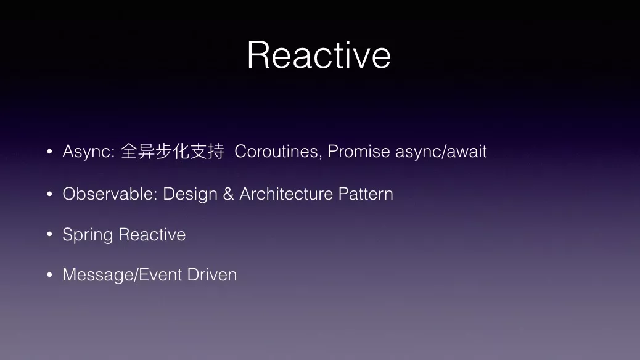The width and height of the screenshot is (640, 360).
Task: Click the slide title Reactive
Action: [x=319, y=55]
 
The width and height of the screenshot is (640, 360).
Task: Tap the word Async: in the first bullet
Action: [x=89, y=152]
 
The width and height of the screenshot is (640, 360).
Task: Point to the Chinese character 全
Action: [x=129, y=152]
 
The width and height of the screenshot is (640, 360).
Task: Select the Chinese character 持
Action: [x=216, y=152]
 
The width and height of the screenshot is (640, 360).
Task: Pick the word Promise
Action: [x=359, y=152]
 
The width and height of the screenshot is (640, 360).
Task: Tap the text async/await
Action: [x=441, y=152]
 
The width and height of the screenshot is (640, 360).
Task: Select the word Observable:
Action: [x=110, y=194]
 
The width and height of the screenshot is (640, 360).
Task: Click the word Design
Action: [x=190, y=194]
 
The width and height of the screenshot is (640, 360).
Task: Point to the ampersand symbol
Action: [x=229, y=194]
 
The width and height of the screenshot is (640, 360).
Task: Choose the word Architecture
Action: [x=286, y=194]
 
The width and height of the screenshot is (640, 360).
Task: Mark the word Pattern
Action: [x=366, y=194]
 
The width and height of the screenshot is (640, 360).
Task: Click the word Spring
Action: [x=88, y=235]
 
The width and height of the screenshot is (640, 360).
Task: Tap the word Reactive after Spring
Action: [x=152, y=235]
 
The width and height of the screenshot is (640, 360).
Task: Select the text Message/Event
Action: [x=123, y=275]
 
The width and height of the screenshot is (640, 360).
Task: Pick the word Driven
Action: [x=212, y=275]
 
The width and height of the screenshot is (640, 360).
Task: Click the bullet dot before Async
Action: [x=49, y=152]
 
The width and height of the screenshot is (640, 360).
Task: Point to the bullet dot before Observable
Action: [x=49, y=194]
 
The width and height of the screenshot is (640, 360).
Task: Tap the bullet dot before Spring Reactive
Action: [x=49, y=234]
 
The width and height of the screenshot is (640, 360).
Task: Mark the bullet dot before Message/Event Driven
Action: [x=49, y=275]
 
